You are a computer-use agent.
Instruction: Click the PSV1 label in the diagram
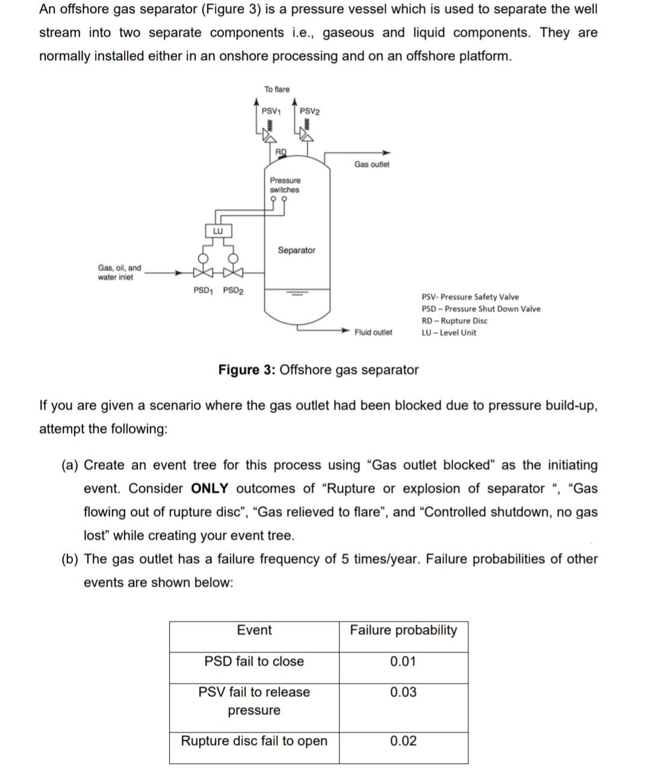(x=271, y=111)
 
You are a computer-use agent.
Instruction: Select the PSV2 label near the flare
(x=310, y=111)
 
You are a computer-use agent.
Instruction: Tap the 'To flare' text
(x=277, y=89)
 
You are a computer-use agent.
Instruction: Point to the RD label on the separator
(x=281, y=151)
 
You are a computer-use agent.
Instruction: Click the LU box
(x=218, y=231)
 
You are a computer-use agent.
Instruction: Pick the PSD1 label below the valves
(x=203, y=290)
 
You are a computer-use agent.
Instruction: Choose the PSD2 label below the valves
(x=233, y=290)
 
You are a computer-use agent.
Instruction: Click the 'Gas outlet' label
(x=371, y=164)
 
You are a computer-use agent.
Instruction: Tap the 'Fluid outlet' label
(x=373, y=332)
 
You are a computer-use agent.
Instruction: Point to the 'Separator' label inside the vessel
(x=296, y=250)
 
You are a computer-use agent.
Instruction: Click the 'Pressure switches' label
(x=285, y=185)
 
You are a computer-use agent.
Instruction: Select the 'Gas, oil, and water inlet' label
(x=119, y=272)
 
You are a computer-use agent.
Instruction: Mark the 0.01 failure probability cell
(x=403, y=662)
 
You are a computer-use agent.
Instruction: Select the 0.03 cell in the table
(x=403, y=692)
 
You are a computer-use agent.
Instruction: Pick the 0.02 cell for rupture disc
(x=403, y=741)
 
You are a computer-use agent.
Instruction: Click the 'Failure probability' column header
(x=403, y=630)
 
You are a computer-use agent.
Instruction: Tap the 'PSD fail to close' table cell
(x=254, y=662)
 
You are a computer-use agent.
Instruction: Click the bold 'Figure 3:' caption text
(x=247, y=370)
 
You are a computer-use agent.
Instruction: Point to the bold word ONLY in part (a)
(x=210, y=488)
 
